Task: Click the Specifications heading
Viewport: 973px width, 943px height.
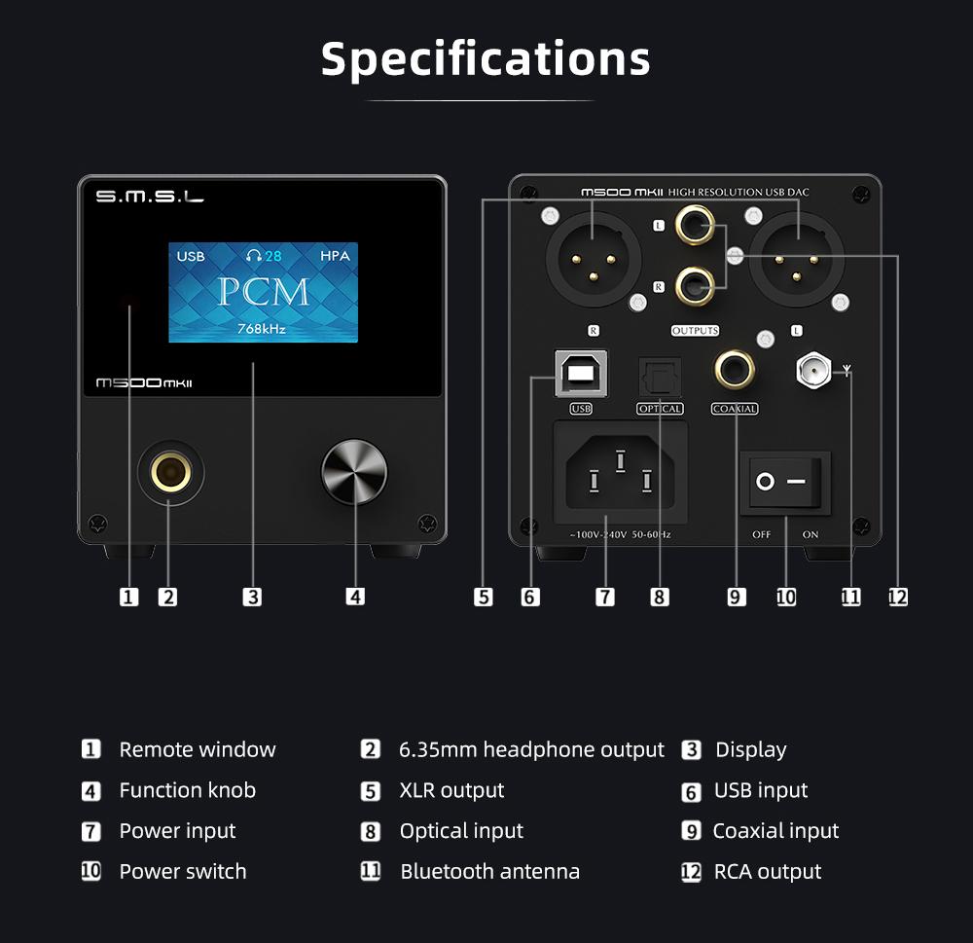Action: [x=486, y=58]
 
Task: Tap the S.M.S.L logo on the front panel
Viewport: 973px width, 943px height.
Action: [x=150, y=199]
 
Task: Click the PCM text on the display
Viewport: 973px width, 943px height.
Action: [x=263, y=292]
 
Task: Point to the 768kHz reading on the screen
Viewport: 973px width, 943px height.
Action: [x=262, y=329]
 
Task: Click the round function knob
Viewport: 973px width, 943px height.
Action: [x=354, y=471]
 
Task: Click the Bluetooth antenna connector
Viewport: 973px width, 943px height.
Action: [x=813, y=370]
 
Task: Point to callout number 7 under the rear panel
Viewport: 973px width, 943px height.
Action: [x=605, y=597]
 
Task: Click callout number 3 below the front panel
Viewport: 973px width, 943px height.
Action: [x=253, y=597]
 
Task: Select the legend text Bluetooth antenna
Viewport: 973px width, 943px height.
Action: [x=489, y=872]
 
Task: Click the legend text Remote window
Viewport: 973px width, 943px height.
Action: [x=198, y=749]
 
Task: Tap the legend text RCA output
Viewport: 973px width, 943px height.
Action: [x=768, y=872]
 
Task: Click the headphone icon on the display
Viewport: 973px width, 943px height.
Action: [x=254, y=256]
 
